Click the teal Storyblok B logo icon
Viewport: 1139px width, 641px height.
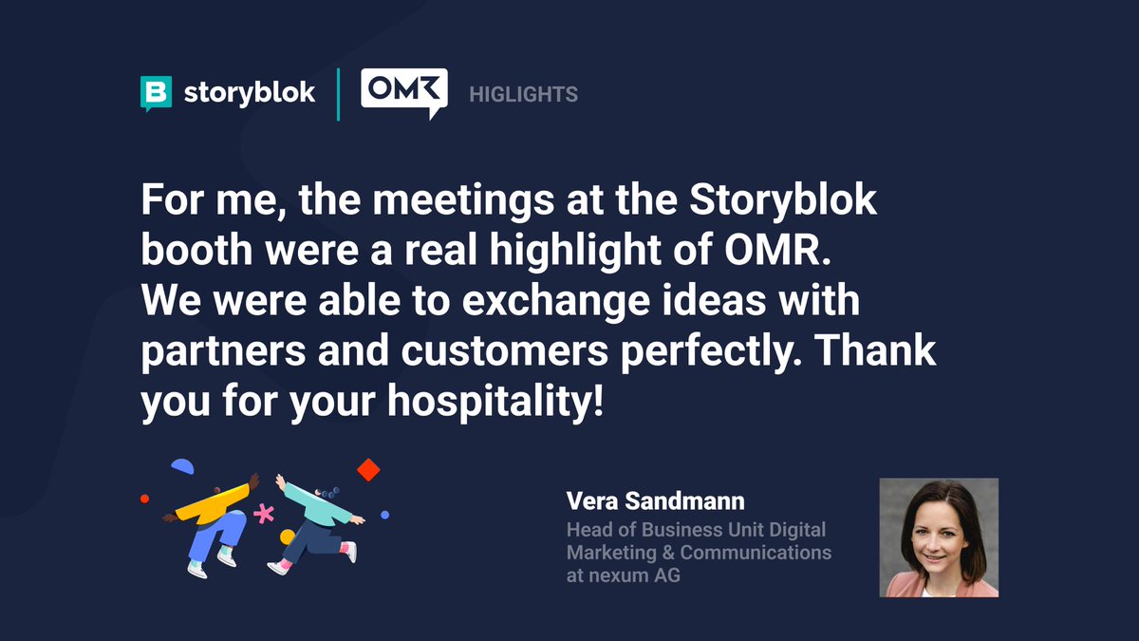[x=156, y=93]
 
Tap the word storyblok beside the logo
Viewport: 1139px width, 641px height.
[x=249, y=93]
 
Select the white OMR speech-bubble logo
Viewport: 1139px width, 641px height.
[x=403, y=93]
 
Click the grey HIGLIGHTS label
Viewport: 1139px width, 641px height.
[x=524, y=94]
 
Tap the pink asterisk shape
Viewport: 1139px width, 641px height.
[x=263, y=515]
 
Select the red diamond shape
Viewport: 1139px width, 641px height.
[x=368, y=469]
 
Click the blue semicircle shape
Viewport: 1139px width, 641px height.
[x=182, y=466]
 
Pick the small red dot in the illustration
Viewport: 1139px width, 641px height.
[x=144, y=498]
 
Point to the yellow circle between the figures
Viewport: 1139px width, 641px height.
[x=287, y=537]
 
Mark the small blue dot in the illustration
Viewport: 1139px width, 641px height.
[x=384, y=515]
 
